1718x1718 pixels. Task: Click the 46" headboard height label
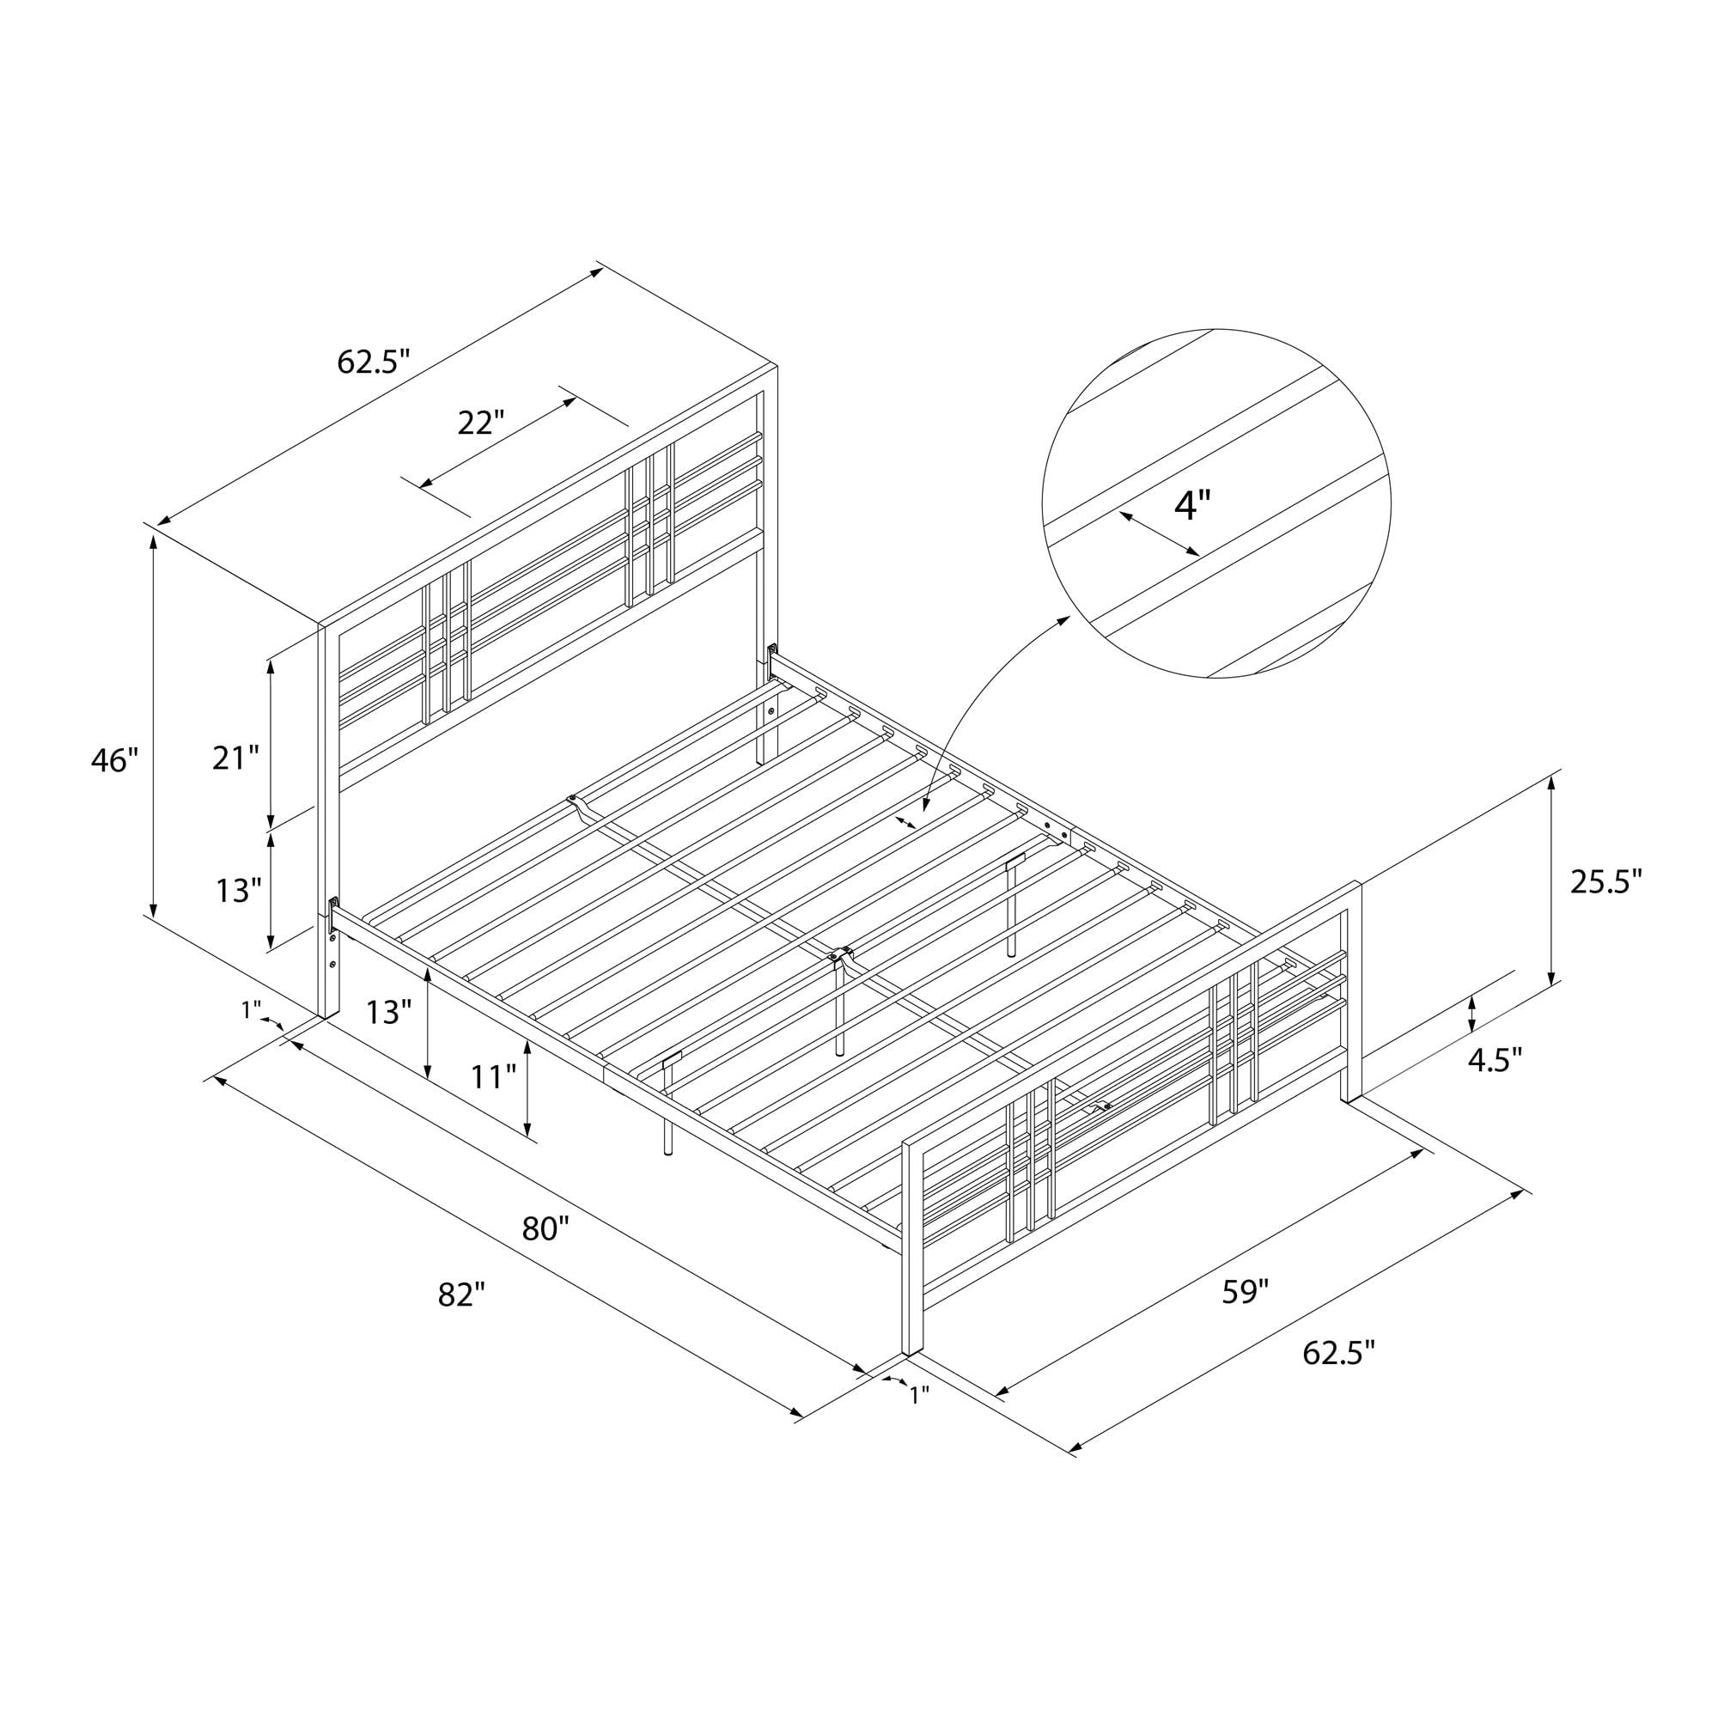tap(116, 761)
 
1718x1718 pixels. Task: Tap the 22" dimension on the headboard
tap(481, 423)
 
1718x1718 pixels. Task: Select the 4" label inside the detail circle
tap(1192, 506)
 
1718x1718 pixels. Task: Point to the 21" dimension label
tap(235, 758)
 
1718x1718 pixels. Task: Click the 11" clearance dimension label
tap(494, 1077)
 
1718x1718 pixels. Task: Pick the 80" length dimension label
tap(545, 1229)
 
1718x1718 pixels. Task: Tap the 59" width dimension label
tap(1244, 1292)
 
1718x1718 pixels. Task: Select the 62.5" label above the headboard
tap(374, 361)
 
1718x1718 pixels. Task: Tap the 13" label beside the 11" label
tap(388, 1012)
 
